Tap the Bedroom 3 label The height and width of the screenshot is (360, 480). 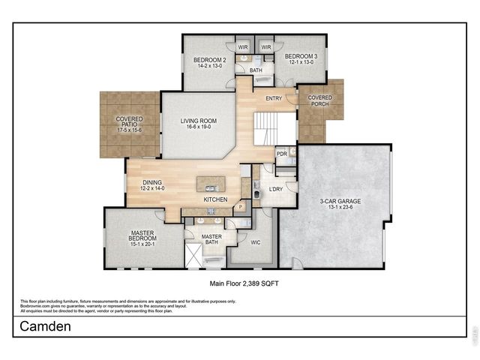pos(300,56)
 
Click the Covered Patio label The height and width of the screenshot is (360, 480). pos(130,119)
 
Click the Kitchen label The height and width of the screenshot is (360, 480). pos(215,200)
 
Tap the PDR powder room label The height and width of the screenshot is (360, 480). pos(282,154)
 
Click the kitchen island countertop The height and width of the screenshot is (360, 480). pos(211,183)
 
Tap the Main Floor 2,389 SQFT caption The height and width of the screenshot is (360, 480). pos(240,284)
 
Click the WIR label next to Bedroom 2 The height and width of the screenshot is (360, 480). pos(243,47)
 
